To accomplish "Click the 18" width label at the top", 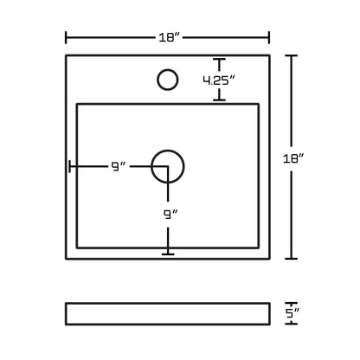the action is click(x=169, y=37).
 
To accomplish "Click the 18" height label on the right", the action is click(x=293, y=158).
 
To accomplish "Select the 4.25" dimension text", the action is click(x=219, y=80).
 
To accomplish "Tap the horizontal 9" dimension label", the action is click(x=119, y=166).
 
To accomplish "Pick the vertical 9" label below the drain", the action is click(x=170, y=215).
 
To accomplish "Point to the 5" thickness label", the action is click(x=293, y=313).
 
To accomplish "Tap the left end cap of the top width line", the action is click(x=66, y=37).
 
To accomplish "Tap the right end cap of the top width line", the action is click(x=269, y=37).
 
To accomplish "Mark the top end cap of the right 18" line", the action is click(x=292, y=56).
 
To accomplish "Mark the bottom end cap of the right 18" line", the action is click(x=292, y=259).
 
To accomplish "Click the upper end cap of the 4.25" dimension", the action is click(x=219, y=59).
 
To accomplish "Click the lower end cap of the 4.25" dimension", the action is click(x=219, y=100).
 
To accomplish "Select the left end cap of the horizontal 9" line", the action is click(x=70, y=166).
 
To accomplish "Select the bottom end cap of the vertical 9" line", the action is click(x=168, y=254).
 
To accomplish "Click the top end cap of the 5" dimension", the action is click(x=292, y=303).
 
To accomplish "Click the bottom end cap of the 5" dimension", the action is click(x=292, y=324).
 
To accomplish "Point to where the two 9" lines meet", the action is click(x=168, y=166).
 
